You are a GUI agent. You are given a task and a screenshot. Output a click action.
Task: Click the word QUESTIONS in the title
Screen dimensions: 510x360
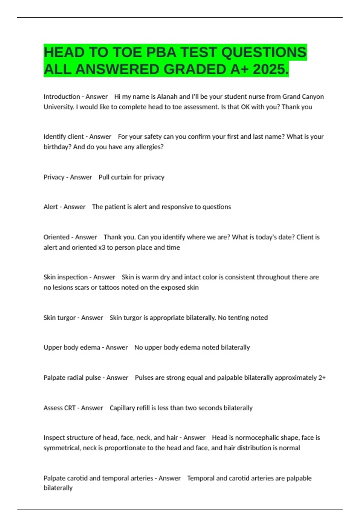coord(264,52)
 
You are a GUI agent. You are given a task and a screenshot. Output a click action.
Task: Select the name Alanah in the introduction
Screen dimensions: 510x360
coord(167,97)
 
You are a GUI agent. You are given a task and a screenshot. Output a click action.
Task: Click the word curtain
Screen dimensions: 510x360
coord(121,177)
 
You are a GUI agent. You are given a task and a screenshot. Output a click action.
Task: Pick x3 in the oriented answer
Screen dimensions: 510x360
coord(102,247)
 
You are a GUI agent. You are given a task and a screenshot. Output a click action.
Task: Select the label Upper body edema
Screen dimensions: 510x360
coord(72,347)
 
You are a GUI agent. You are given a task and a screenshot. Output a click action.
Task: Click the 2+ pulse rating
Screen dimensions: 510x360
coord(322,377)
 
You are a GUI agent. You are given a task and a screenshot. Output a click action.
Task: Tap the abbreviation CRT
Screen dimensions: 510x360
coord(68,408)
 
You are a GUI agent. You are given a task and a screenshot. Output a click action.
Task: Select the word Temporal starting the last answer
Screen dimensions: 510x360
coord(200,478)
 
